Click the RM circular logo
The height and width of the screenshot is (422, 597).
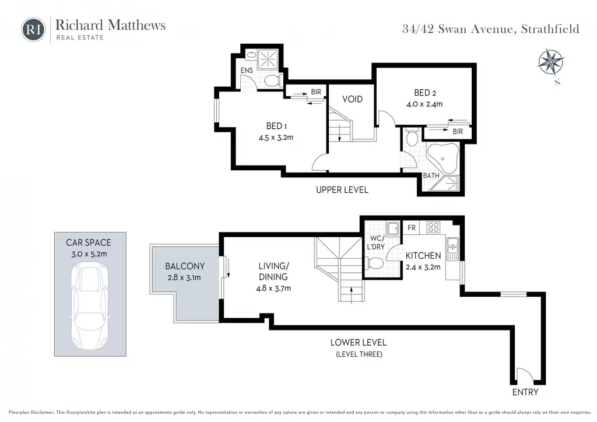pyautogui.click(x=33, y=29)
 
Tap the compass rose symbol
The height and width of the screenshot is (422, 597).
pyautogui.click(x=551, y=62)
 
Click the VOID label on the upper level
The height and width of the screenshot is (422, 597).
pyautogui.click(x=352, y=99)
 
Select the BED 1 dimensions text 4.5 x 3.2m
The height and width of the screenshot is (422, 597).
pyautogui.click(x=276, y=138)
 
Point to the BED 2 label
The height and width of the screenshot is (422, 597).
pyautogui.click(x=425, y=93)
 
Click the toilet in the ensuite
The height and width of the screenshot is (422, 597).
pyautogui.click(x=273, y=80)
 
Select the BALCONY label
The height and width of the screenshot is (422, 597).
pyautogui.click(x=185, y=266)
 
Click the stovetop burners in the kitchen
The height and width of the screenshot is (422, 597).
pyautogui.click(x=433, y=227)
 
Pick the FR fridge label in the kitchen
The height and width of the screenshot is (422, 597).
pyautogui.click(x=411, y=228)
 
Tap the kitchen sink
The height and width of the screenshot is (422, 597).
pyautogui.click(x=452, y=249)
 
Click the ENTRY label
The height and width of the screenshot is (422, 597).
pyautogui.click(x=525, y=392)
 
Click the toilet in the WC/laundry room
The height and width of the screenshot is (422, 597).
pyautogui.click(x=375, y=263)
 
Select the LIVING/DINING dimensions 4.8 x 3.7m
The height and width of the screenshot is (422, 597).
pyautogui.click(x=273, y=289)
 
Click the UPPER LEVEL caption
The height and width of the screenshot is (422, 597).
pyautogui.click(x=342, y=190)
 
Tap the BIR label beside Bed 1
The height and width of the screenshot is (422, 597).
pyautogui.click(x=316, y=92)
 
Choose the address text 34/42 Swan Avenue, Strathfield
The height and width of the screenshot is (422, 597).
pyautogui.click(x=491, y=29)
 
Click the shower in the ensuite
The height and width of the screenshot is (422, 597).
pyautogui.click(x=269, y=59)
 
